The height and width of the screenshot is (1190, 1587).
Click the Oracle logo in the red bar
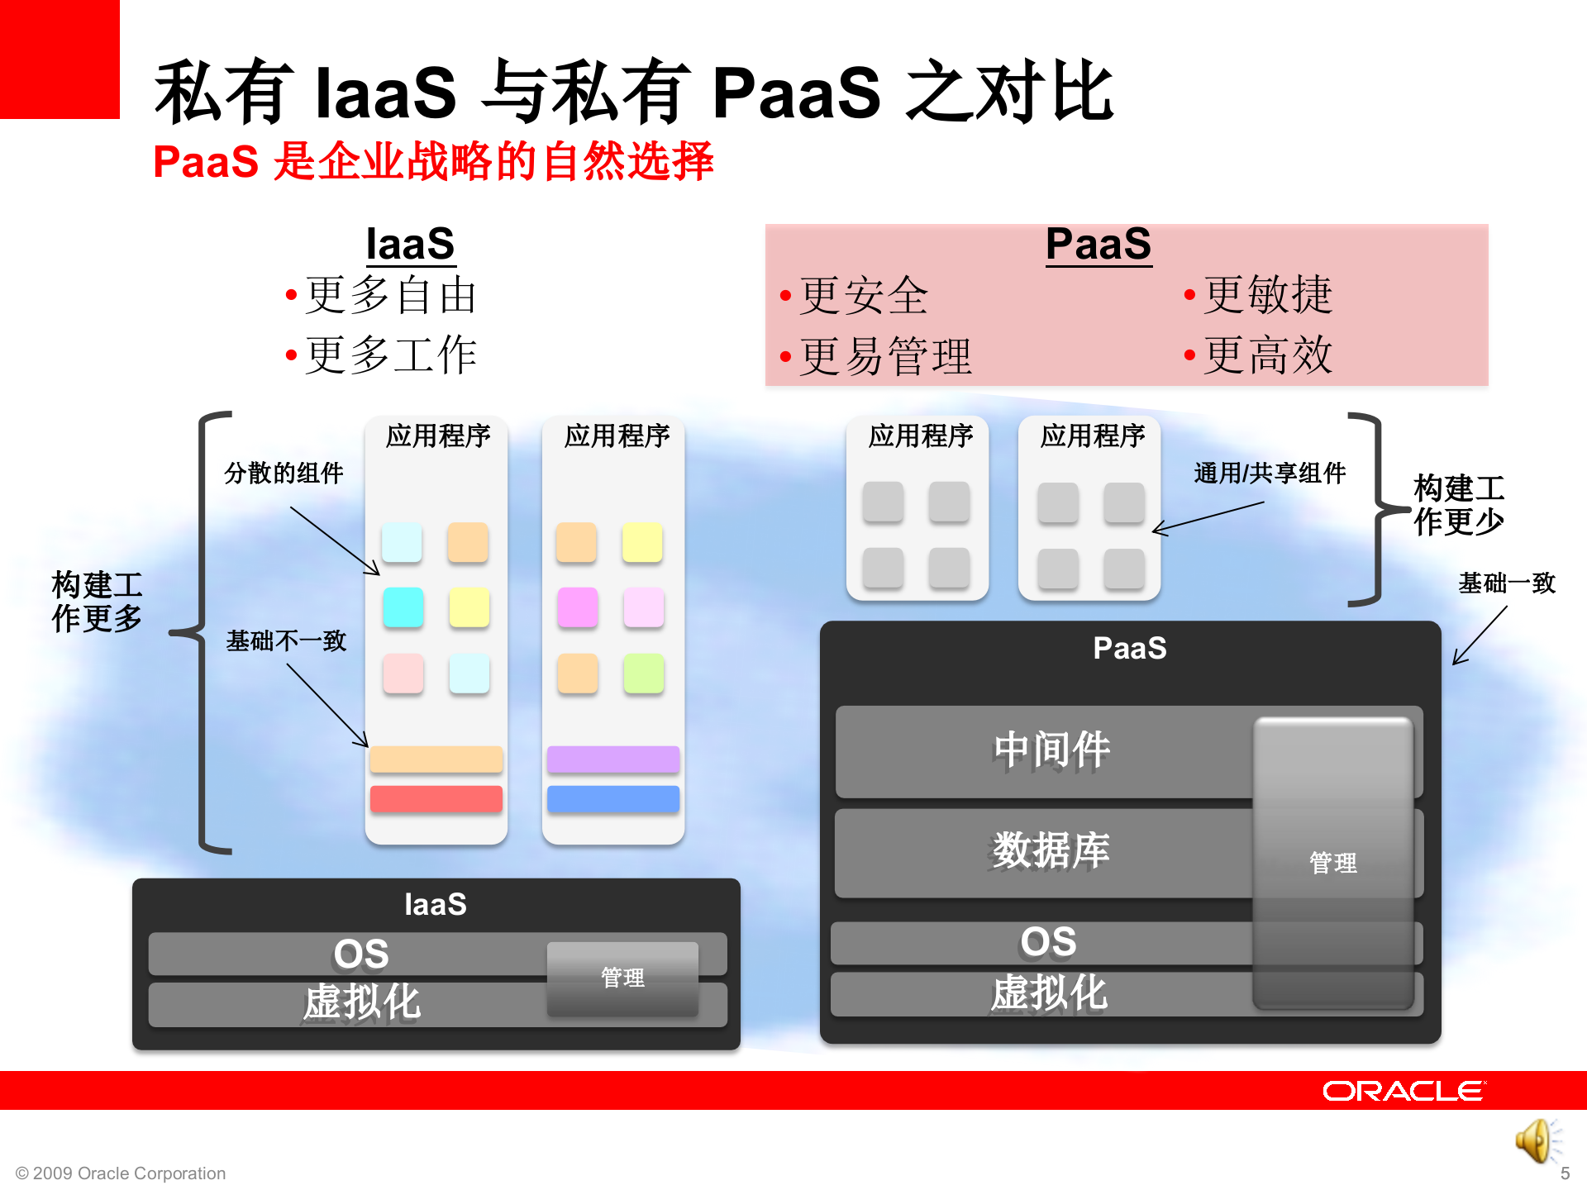1403,1091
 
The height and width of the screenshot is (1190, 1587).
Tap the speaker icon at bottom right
1536,1141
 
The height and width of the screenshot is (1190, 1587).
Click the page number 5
1564,1173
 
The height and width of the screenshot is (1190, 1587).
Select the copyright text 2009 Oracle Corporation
121,1173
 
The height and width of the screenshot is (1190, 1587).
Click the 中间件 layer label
1051,750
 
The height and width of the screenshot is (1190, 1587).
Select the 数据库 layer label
1051,851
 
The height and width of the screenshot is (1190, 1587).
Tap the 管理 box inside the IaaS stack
622,978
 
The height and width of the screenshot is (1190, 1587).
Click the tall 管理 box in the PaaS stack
1332,863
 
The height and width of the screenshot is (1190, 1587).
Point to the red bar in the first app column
436,799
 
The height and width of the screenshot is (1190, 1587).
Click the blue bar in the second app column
613,799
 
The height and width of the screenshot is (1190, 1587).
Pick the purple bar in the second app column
613,759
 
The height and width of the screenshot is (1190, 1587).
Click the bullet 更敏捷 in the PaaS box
1267,295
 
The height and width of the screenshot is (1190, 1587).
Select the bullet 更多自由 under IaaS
391,295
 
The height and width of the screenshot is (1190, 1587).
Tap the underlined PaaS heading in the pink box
1099,245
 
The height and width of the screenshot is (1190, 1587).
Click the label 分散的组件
284,474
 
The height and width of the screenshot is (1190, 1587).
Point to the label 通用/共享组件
1270,474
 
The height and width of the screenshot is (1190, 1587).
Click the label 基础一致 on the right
1506,583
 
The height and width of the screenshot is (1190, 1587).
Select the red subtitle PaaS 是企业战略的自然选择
433,161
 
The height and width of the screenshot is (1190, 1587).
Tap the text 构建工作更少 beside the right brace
1459,505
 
